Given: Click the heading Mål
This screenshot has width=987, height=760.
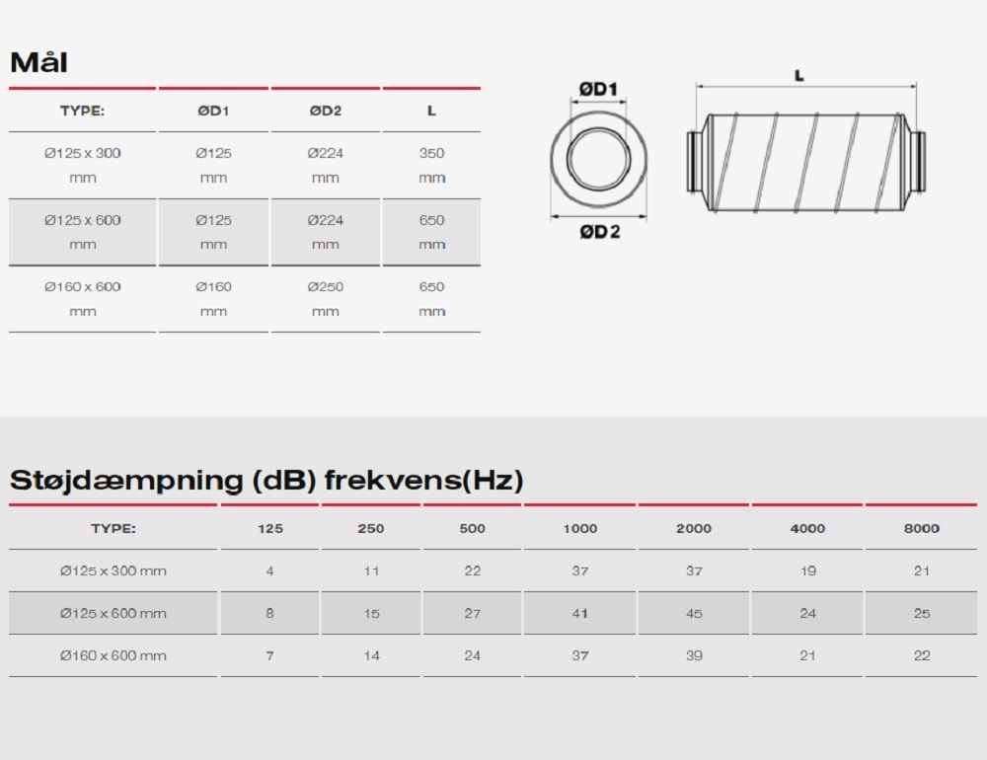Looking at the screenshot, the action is (39, 62).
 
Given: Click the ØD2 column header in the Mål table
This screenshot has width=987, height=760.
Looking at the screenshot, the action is (326, 111).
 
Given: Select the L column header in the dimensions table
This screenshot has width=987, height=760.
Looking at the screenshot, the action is (431, 111).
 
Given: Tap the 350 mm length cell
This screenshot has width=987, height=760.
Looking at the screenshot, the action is (432, 165).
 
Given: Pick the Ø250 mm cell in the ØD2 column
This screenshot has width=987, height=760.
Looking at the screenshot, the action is (326, 298).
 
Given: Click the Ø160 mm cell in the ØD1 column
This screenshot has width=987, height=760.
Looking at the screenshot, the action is (213, 298).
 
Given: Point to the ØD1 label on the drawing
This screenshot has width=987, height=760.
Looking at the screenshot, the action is (598, 89).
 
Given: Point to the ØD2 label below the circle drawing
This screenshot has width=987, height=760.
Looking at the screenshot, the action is (600, 232).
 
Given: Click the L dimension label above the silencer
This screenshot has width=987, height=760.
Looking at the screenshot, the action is (798, 76).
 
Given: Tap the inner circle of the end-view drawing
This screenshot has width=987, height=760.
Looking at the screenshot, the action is (599, 128).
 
